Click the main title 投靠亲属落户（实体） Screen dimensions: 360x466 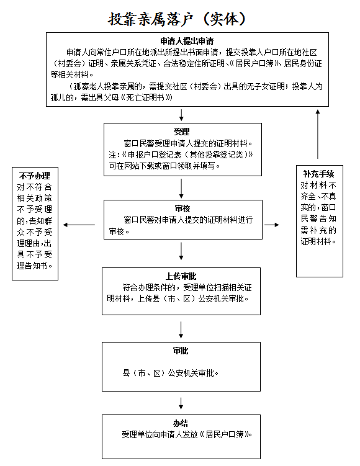177,19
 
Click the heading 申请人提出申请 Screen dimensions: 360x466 187,41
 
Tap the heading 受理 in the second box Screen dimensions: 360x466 182,132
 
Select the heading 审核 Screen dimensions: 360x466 182,208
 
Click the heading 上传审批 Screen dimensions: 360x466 181,276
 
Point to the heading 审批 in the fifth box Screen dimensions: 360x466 181,351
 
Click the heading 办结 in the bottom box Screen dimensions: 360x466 181,423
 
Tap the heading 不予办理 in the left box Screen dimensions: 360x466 35,176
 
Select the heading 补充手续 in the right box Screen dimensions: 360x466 318,174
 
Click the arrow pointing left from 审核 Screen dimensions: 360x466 79,225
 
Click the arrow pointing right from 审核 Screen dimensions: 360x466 272,225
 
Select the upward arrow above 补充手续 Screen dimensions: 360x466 318,134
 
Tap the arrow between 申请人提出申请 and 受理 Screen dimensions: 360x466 181,115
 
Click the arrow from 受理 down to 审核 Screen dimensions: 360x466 181,189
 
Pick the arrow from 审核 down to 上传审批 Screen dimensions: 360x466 181,251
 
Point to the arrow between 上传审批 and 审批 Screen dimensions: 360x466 181,329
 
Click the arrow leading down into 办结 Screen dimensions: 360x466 181,403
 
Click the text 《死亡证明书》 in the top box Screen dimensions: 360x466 146,97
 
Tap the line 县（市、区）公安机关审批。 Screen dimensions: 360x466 171,373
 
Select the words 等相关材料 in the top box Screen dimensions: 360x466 70,74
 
